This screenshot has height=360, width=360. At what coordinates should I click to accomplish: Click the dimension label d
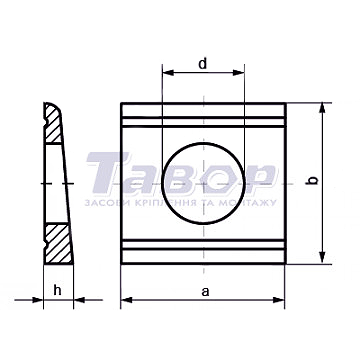coord(203,63)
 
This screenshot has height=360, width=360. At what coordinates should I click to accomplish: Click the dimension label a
coord(206,292)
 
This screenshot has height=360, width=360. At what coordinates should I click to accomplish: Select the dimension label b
coord(312,180)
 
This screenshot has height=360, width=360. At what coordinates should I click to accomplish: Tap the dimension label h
coord(58,290)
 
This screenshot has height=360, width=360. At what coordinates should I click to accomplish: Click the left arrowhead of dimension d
coord(168,72)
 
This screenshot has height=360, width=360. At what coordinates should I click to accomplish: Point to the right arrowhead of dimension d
coord(239,72)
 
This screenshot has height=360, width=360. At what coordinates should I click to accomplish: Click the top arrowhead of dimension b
coord(322,109)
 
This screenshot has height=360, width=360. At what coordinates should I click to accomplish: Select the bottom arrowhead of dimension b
coord(322,258)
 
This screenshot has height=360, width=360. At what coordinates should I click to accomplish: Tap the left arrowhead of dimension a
coord(127,300)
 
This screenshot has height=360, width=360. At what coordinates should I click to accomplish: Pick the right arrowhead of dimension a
coord(279,300)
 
